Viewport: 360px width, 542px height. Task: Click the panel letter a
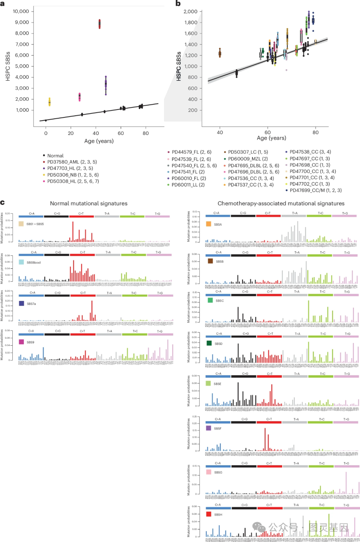pos(2,4)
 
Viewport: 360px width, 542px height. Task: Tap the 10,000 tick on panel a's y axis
pos(21,11)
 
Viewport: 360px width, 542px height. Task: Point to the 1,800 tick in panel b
pos(190,22)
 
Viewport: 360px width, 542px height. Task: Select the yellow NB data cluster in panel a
pos(49,102)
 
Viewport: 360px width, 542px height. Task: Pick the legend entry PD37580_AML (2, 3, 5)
pos(72,162)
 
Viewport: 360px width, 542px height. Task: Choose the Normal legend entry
pos(55,156)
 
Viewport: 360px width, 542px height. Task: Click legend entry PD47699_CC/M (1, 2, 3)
pos(315,190)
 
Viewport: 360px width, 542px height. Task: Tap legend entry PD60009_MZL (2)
pos(248,159)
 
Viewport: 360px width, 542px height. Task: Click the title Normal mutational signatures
pos(89,203)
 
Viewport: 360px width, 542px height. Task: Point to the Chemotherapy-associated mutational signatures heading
pos(281,203)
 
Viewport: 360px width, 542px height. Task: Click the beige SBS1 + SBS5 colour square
pos(21,224)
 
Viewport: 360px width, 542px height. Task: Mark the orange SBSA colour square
pos(209,224)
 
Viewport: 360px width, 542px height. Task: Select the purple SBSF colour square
pos(209,428)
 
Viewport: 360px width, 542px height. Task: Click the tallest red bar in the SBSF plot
pos(265,439)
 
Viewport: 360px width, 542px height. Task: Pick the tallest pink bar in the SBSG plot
pos(346,483)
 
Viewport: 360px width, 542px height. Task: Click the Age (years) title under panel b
pos(271,138)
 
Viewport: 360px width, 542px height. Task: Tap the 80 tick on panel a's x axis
pos(146,133)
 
